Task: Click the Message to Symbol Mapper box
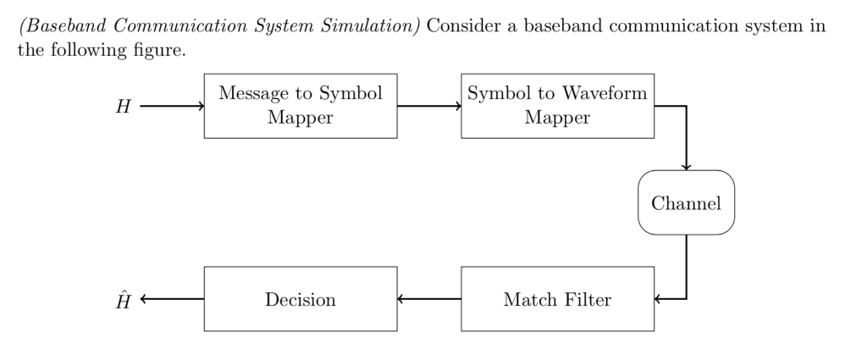301,106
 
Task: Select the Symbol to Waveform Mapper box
557,106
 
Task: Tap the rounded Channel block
686,202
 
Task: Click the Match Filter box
557,299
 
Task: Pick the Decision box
301,299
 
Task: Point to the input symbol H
124,107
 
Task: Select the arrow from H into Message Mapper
172,107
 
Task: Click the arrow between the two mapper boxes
429,107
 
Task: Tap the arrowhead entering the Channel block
686,166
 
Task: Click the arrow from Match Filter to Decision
429,299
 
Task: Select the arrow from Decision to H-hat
172,299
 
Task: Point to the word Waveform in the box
606,93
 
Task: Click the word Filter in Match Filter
587,299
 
